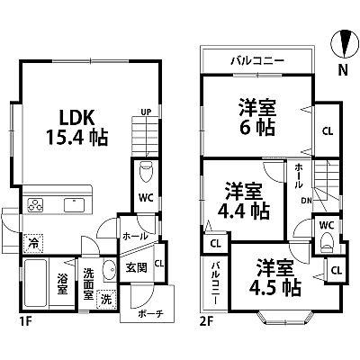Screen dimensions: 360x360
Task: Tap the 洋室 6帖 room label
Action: pos(257,117)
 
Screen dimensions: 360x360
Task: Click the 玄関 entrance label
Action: pos(137,267)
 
